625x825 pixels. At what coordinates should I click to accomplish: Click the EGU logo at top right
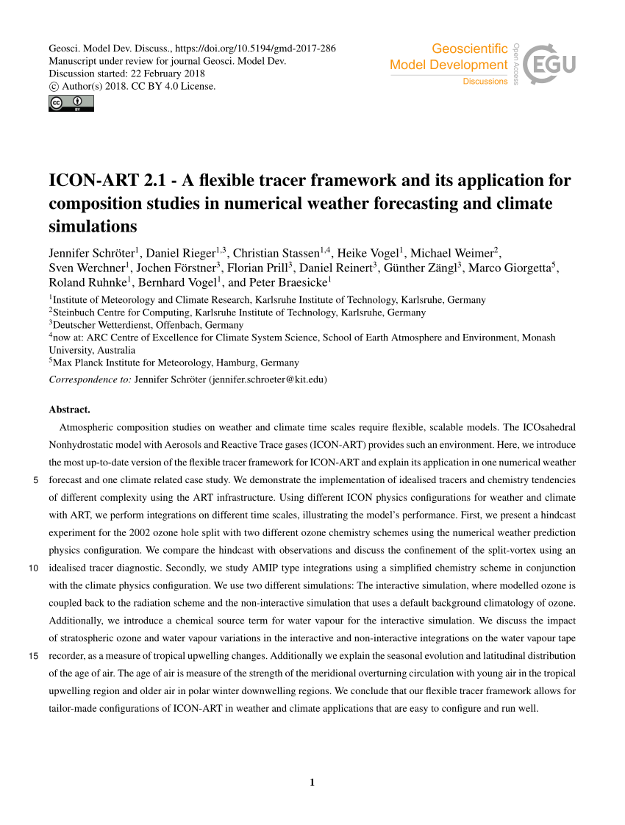(551, 64)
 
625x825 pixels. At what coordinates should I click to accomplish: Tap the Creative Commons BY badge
(71, 104)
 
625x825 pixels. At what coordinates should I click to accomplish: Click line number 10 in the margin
(33, 568)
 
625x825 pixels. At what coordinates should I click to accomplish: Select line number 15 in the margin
(33, 655)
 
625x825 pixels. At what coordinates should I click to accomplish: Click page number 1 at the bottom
(312, 782)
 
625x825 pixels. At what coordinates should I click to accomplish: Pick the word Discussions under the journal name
(485, 82)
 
